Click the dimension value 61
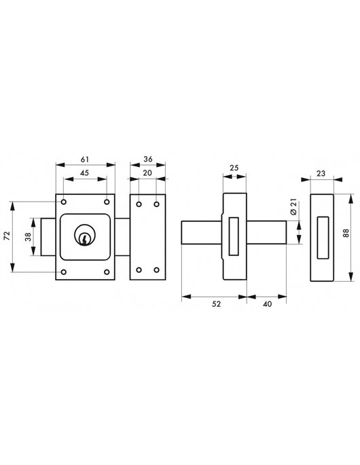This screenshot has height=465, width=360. click(x=85, y=160)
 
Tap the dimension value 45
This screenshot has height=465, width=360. click(x=85, y=173)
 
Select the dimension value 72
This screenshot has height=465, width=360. click(x=7, y=236)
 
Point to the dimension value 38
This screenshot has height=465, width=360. click(x=28, y=237)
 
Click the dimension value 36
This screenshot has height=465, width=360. click(x=148, y=160)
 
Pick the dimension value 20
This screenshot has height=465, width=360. click(x=147, y=173)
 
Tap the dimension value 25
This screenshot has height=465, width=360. click(x=234, y=168)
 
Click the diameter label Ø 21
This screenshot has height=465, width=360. click(x=293, y=208)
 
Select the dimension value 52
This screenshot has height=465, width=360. click(x=217, y=304)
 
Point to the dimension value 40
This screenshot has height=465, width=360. click(x=268, y=304)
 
